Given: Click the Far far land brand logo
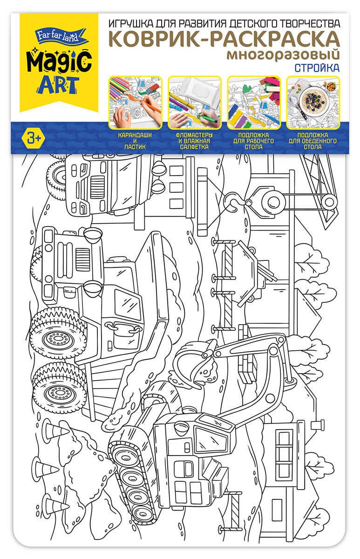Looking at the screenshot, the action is (x=59, y=35).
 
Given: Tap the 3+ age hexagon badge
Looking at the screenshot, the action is (x=34, y=138).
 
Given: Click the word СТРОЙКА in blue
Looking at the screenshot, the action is (x=317, y=68).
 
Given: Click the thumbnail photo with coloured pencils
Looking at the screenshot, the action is (x=135, y=102).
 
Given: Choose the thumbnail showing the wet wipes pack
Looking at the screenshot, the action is (x=195, y=102).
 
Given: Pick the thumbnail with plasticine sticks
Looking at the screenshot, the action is (x=254, y=102).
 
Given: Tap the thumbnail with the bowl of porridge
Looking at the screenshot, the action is (x=313, y=102).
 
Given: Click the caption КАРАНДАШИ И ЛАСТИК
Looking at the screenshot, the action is (x=135, y=141).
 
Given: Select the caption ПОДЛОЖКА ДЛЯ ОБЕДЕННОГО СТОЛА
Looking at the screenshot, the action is (x=312, y=141).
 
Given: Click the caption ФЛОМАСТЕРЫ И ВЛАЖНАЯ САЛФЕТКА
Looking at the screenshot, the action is (x=194, y=141).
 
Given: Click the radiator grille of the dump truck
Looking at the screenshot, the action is (x=82, y=260).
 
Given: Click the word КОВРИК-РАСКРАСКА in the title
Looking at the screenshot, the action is (x=224, y=39).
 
